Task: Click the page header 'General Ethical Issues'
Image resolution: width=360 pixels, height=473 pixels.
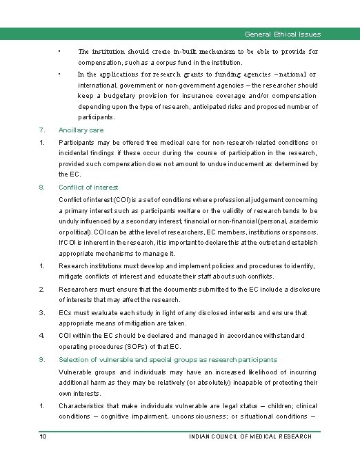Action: [x=282, y=34]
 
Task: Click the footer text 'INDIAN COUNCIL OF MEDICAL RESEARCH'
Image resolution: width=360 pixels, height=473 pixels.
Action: [x=250, y=436]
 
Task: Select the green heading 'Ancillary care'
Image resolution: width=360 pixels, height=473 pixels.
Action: [x=81, y=130]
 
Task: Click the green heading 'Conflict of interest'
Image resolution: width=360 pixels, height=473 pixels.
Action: [x=88, y=187]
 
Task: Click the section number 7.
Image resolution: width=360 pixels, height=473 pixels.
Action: [x=42, y=130]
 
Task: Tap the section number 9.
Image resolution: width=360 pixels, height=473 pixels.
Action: [x=42, y=359]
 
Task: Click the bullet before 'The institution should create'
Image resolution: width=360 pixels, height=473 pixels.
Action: [x=61, y=51]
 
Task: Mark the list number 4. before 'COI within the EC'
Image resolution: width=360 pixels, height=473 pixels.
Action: [x=42, y=335]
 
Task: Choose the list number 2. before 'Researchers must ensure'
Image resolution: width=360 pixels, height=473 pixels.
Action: [x=42, y=290]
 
